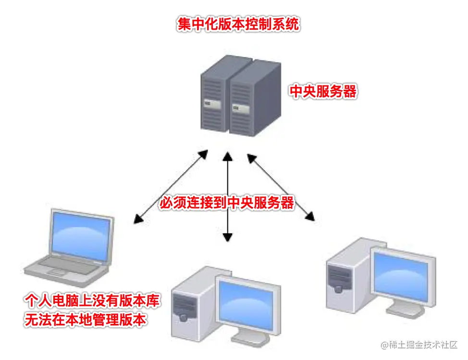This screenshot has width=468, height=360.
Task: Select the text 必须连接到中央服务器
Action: coord(227,203)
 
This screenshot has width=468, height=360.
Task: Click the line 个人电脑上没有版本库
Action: coord(92,301)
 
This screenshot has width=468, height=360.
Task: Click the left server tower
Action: coord(214,98)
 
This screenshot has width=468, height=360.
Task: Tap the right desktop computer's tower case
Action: coord(343,278)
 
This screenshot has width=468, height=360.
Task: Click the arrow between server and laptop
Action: coord(171,187)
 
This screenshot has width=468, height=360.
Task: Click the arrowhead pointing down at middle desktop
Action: coord(228,237)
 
